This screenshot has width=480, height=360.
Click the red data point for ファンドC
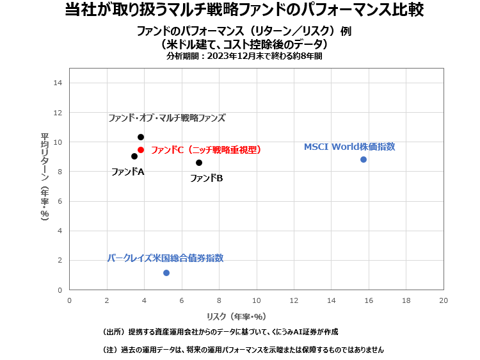(x=141, y=150)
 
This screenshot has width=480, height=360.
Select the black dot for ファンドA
(x=134, y=156)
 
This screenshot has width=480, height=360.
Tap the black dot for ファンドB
(x=199, y=163)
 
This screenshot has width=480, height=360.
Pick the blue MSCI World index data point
(x=364, y=160)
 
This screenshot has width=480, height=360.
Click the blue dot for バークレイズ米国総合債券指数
(x=166, y=273)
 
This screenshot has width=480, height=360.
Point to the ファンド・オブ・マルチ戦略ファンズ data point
(x=141, y=137)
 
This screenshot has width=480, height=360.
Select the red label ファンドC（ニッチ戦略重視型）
(x=206, y=150)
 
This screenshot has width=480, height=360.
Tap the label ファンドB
(x=206, y=178)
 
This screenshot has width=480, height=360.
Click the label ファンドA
(x=127, y=172)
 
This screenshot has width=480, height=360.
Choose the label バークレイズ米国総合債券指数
(x=165, y=258)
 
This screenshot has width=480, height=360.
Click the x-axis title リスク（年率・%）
(x=236, y=316)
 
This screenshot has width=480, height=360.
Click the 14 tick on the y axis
(x=58, y=83)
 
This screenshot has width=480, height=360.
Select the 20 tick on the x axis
(x=443, y=300)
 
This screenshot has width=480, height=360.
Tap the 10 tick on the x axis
(x=256, y=300)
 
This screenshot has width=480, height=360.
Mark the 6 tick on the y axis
(x=60, y=201)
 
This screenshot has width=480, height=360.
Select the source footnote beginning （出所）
(x=220, y=332)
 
